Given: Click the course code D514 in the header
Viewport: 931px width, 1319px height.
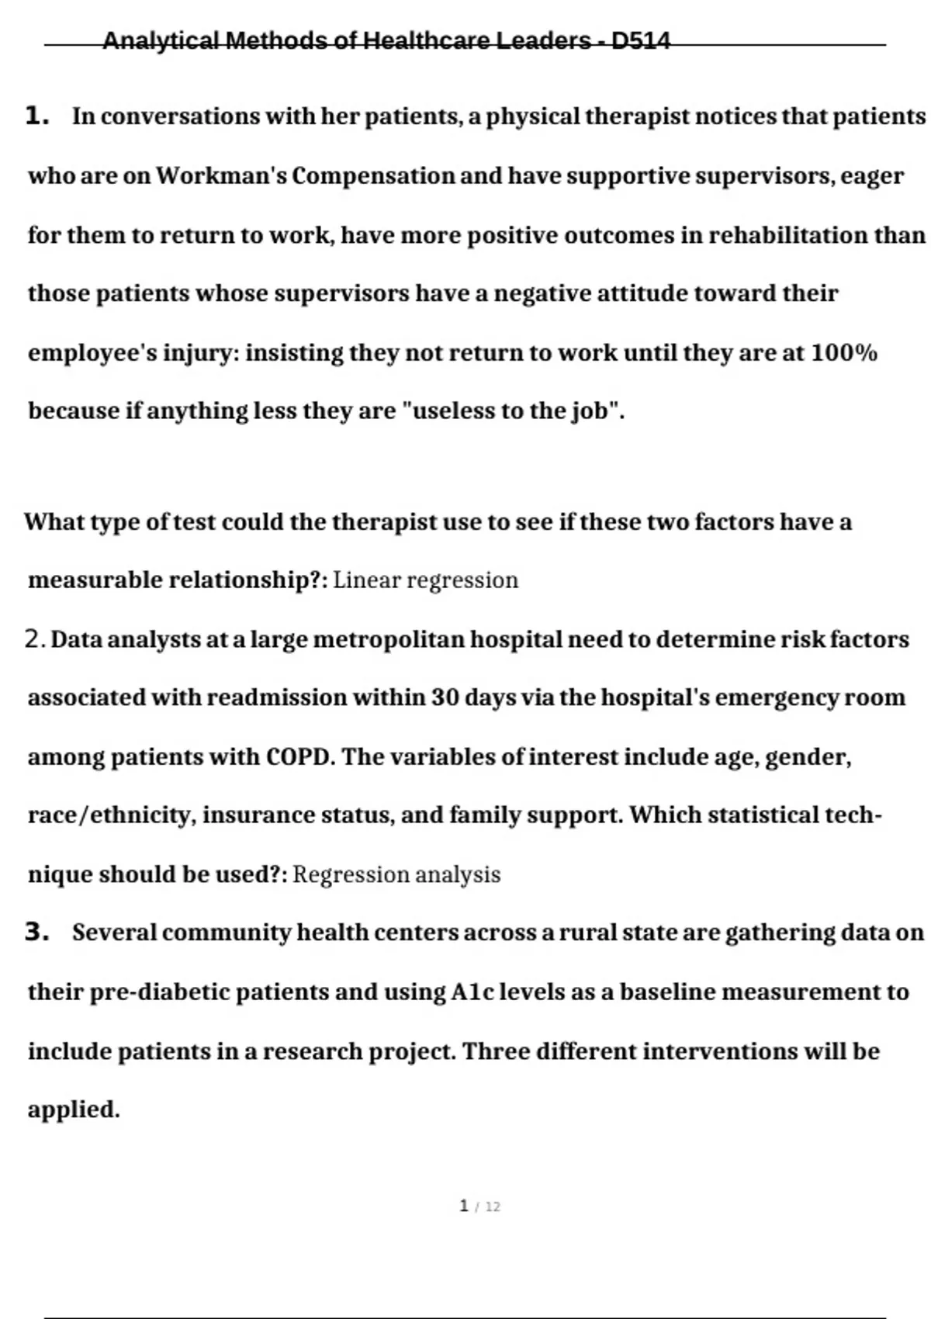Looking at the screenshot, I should tap(641, 40).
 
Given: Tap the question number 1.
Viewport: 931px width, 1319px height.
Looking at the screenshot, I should tap(36, 116).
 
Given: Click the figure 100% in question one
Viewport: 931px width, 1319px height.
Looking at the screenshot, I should tap(844, 353).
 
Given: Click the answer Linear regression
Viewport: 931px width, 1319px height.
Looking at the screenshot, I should tap(425, 580).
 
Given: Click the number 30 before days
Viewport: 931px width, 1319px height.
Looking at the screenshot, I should tap(445, 698).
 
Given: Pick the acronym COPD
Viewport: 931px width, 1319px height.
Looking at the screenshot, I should tap(299, 756).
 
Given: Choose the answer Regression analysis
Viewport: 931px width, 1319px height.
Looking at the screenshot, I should tap(396, 874).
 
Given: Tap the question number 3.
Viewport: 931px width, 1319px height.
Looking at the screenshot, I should tap(36, 932).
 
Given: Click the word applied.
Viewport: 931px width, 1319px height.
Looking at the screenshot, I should tap(73, 1110).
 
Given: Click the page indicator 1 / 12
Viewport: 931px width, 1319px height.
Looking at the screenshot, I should tap(479, 1206).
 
